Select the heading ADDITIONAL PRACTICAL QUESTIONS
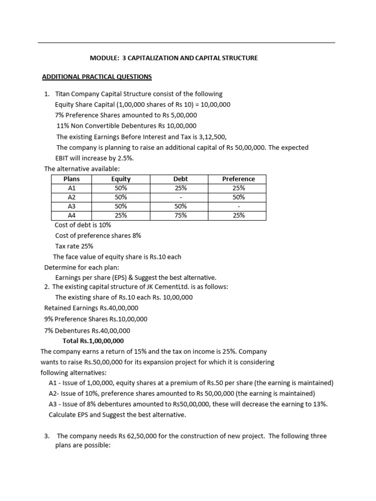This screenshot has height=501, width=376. (x=97, y=77)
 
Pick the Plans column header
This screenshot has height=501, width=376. (x=71, y=179)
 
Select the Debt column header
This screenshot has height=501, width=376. (x=181, y=179)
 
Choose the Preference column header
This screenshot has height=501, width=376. (x=238, y=179)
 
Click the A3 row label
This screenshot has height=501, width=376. (x=71, y=206)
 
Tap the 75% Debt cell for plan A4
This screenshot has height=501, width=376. (x=181, y=215)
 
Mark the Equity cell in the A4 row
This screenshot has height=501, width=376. (x=121, y=215)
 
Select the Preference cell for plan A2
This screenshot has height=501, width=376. (x=238, y=197)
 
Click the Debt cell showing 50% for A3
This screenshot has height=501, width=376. (x=181, y=206)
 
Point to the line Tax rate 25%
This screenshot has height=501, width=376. (x=74, y=246)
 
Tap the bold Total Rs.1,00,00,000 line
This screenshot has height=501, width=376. (x=93, y=341)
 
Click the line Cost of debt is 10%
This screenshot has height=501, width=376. (x=83, y=225)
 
